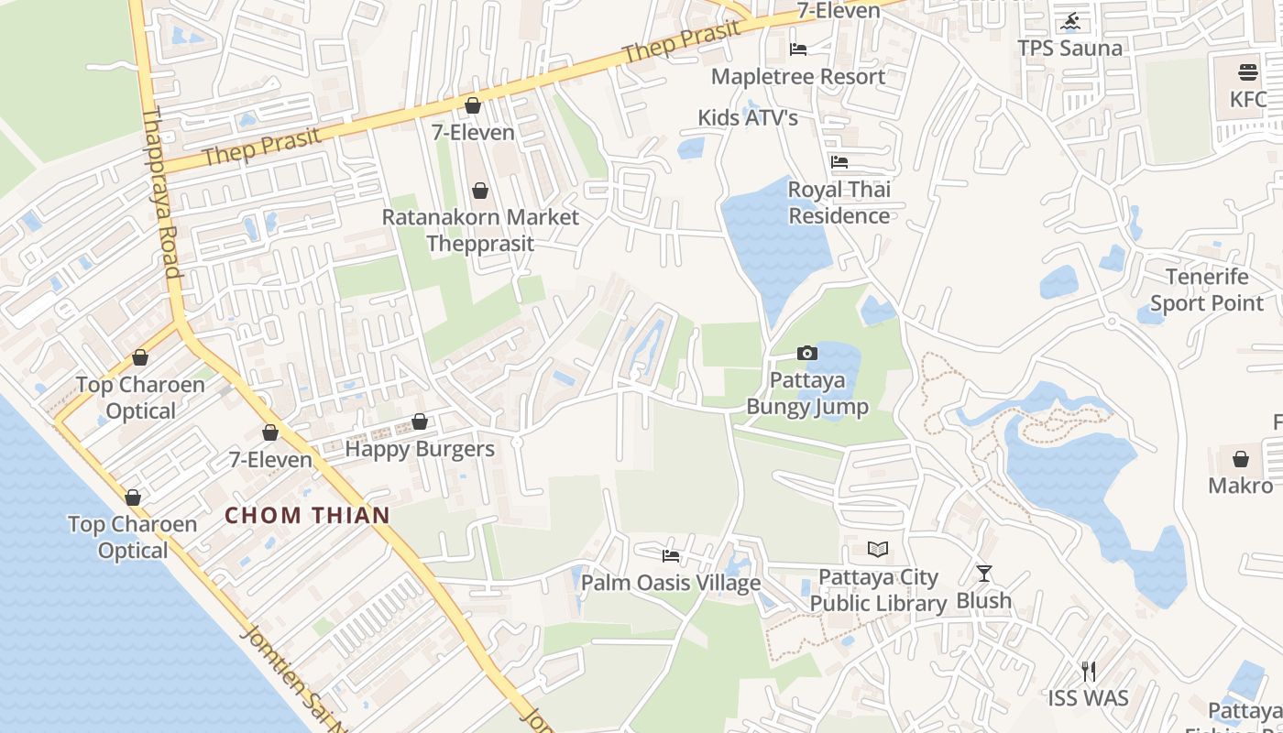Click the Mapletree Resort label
(797, 76)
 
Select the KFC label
(1247, 99)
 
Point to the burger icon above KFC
(1247, 71)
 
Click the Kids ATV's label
(748, 117)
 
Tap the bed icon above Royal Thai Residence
(839, 162)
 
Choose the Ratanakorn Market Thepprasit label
(480, 230)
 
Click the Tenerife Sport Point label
(1206, 290)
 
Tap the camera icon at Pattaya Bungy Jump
(806, 353)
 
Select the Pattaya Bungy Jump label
(807, 393)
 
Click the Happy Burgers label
(420, 449)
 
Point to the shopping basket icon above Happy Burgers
(420, 421)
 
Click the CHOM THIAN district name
(308, 515)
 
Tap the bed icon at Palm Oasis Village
(671, 555)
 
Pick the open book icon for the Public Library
(878, 550)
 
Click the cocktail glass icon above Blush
(984, 574)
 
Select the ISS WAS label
(1088, 698)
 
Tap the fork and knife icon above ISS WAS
(1088, 671)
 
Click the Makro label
(1240, 485)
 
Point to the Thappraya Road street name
(159, 192)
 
